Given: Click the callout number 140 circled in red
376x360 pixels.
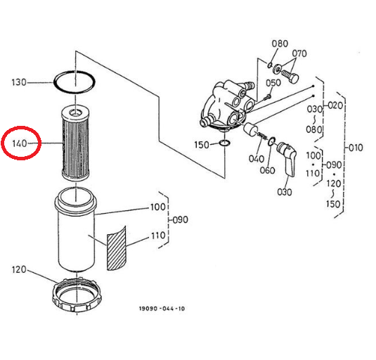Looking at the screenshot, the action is click(20, 143).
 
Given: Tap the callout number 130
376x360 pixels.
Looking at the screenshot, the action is click(19, 82).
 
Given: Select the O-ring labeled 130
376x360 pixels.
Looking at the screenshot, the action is click(74, 71).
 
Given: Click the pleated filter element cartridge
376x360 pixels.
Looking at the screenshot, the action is click(75, 143).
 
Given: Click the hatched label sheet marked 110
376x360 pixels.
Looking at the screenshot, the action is click(116, 248).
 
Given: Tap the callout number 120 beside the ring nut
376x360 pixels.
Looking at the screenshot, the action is click(19, 269).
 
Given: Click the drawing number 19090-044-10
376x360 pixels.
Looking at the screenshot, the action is click(162, 309).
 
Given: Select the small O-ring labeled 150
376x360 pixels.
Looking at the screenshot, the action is click(225, 143).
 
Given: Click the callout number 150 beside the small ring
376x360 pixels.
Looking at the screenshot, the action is click(202, 145).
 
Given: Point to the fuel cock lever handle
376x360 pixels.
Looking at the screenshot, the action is click(287, 159).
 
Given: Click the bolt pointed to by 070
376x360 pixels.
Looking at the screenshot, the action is click(290, 75).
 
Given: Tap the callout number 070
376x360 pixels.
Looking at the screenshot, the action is click(299, 53).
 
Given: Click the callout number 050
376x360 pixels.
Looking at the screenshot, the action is click(273, 83).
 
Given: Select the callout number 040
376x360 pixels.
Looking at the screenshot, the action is click(257, 159).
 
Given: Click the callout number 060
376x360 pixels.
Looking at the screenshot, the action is click(267, 170).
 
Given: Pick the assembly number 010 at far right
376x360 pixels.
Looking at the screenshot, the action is click(356, 148).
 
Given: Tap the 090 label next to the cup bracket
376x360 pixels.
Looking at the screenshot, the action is click(181, 219).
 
